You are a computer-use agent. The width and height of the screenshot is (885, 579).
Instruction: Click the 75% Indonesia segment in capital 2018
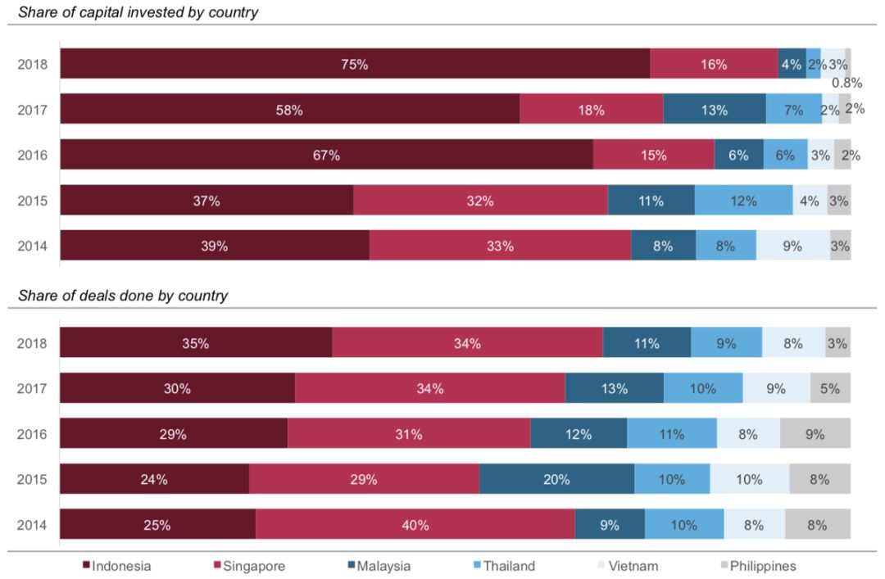click(355, 64)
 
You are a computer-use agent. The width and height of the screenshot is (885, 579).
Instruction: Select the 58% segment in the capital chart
click(289, 110)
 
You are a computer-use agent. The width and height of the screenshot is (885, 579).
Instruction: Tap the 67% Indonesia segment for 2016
click(326, 155)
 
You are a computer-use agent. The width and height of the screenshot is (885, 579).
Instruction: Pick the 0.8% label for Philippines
click(846, 82)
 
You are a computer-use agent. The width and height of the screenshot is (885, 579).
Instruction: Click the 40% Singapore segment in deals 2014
click(415, 525)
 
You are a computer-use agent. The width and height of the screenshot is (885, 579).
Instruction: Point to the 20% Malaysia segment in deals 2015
click(556, 480)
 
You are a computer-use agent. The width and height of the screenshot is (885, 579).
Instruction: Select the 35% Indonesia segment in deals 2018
click(195, 344)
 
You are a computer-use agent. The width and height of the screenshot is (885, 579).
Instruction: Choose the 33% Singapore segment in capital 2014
click(500, 246)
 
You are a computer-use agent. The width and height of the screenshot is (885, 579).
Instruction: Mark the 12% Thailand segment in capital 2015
click(743, 201)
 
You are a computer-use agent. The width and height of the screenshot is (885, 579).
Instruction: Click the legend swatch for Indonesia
click(86, 566)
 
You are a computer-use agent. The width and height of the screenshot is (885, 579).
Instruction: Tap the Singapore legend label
click(254, 566)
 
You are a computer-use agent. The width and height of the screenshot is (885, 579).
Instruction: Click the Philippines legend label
click(763, 566)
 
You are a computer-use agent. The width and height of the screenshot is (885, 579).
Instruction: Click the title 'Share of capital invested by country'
click(138, 12)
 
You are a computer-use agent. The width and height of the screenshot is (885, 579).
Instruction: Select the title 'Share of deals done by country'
click(123, 296)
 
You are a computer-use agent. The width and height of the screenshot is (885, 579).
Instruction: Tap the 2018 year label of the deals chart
click(33, 344)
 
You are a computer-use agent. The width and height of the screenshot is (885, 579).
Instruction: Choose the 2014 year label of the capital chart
click(33, 246)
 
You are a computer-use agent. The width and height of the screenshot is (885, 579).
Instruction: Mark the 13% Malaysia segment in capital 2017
click(714, 110)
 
